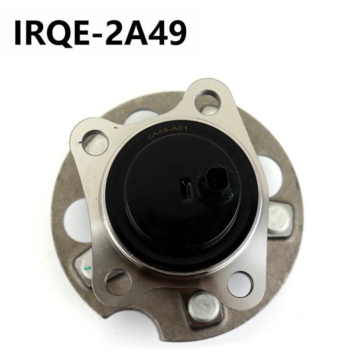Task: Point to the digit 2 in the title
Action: (116, 33)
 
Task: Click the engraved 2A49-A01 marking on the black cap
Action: (168, 132)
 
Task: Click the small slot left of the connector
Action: (185, 189)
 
